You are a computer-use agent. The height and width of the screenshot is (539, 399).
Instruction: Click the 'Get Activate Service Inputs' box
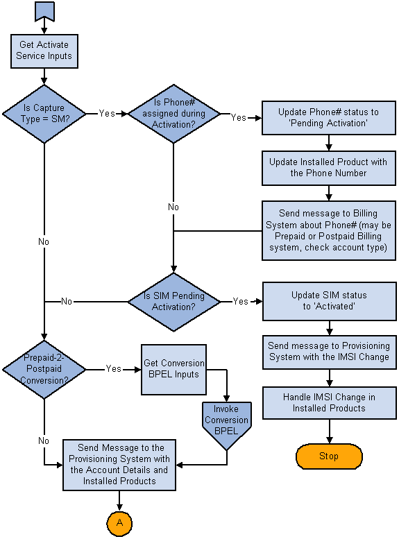[x=44, y=51]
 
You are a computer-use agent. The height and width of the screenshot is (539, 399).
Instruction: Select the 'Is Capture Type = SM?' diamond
[x=44, y=114]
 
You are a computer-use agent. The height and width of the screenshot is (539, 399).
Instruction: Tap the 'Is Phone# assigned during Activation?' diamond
[x=173, y=114]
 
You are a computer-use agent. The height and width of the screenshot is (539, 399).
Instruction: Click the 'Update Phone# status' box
[x=328, y=117]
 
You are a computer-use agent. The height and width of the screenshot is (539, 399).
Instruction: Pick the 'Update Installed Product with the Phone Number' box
[x=328, y=168]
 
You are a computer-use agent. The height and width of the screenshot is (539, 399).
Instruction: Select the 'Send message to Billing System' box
[x=328, y=230]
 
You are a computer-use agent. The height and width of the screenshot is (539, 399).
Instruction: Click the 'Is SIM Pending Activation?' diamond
[x=173, y=302]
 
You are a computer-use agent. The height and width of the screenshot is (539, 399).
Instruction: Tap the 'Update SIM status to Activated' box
[x=329, y=301]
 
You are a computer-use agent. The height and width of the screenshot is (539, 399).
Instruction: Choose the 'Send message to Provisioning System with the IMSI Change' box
[x=329, y=352]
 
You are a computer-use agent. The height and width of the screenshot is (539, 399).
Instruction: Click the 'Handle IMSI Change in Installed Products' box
[x=329, y=402]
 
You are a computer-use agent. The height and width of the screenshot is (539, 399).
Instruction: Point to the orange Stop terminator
[x=329, y=456]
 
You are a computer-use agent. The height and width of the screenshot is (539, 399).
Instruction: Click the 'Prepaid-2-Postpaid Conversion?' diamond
[x=44, y=370]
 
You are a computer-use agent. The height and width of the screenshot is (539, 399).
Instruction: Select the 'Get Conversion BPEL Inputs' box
[x=173, y=370]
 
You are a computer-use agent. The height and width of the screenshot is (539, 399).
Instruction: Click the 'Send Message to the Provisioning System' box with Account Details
[x=119, y=465]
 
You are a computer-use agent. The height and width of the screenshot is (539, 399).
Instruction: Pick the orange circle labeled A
[x=119, y=524]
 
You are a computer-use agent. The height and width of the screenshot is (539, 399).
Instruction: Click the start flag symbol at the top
[x=44, y=11]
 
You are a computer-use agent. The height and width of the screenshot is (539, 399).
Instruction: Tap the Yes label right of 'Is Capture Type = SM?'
[x=107, y=113]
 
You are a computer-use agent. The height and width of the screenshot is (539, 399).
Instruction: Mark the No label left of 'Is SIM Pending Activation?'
[x=67, y=301]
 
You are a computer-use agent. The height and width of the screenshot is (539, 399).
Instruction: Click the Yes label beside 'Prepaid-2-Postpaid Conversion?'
[x=114, y=368]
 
